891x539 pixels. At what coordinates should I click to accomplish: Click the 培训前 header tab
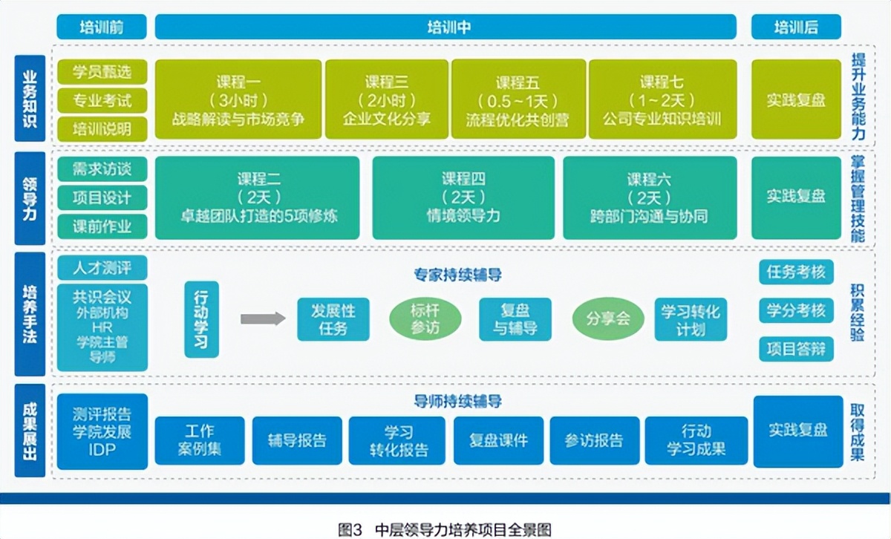(x=101, y=27)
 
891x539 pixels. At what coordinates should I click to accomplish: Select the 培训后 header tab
(x=796, y=27)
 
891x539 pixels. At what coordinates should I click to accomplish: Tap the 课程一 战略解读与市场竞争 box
(x=238, y=99)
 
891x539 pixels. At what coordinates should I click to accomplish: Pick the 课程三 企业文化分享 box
(x=386, y=99)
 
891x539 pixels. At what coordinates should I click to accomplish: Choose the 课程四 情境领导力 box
(x=463, y=197)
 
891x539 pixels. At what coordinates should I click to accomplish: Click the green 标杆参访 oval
(x=425, y=318)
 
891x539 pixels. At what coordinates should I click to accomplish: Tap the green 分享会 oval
(x=607, y=318)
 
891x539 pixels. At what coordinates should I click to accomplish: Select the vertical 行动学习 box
(x=201, y=319)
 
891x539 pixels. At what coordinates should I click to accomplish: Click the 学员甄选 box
(x=102, y=72)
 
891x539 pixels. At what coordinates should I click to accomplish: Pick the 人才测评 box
(x=102, y=267)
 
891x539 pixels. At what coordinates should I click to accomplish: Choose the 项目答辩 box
(x=796, y=349)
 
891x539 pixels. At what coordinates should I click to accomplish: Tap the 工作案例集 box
(x=199, y=440)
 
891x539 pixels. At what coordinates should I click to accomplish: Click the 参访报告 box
(x=593, y=440)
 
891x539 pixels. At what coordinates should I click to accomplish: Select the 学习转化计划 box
(x=691, y=319)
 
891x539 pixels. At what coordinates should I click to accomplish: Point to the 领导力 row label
(x=30, y=197)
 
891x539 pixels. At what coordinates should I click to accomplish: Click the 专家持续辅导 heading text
(x=457, y=275)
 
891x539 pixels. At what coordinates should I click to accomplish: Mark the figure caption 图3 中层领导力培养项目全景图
(x=445, y=529)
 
